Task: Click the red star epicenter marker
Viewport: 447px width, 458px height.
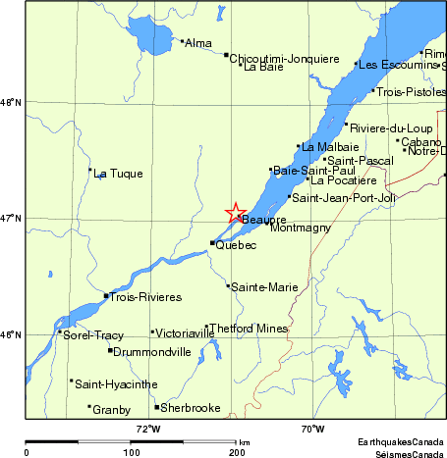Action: pyautogui.click(x=236, y=213)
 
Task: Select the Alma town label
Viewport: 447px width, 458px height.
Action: pyautogui.click(x=198, y=43)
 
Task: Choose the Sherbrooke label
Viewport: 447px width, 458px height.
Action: pyautogui.click(x=191, y=408)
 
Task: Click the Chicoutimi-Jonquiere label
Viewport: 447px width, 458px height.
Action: pyautogui.click(x=284, y=58)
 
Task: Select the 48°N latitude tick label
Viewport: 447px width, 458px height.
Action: pyautogui.click(x=10, y=102)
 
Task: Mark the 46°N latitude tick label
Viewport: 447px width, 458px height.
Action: pyautogui.click(x=10, y=335)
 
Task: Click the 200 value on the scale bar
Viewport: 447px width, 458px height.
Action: pyautogui.click(x=236, y=453)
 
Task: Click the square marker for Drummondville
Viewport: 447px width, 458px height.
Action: pyautogui.click(x=110, y=350)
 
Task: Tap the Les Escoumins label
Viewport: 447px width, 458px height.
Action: pyautogui.click(x=398, y=65)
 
